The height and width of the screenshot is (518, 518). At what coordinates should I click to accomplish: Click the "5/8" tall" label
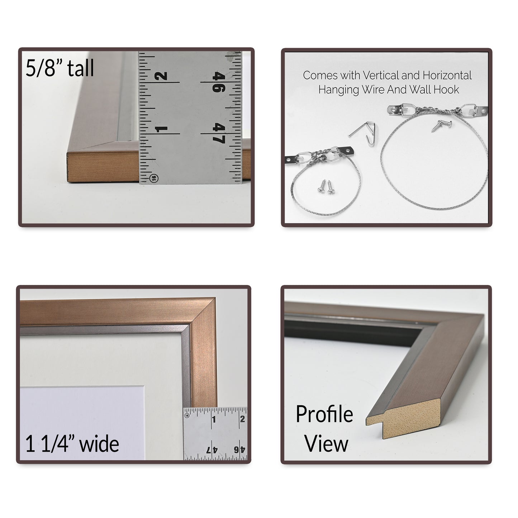tap(60, 68)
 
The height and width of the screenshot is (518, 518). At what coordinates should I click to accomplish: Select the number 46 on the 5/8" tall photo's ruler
tap(219, 83)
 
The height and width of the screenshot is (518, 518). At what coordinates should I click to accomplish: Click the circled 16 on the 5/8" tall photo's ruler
tap(153, 178)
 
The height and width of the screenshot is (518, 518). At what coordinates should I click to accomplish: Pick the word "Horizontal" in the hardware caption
tap(447, 76)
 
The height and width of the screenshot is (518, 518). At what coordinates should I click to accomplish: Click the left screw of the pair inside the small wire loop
tap(322, 186)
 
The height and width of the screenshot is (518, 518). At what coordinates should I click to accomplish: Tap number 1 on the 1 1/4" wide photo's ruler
tap(214, 419)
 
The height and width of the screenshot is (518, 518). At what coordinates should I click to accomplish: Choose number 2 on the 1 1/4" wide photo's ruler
tap(242, 419)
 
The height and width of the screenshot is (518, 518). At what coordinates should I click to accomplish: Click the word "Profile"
tap(324, 414)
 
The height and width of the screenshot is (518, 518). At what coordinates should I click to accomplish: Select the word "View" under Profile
tap(326, 444)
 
